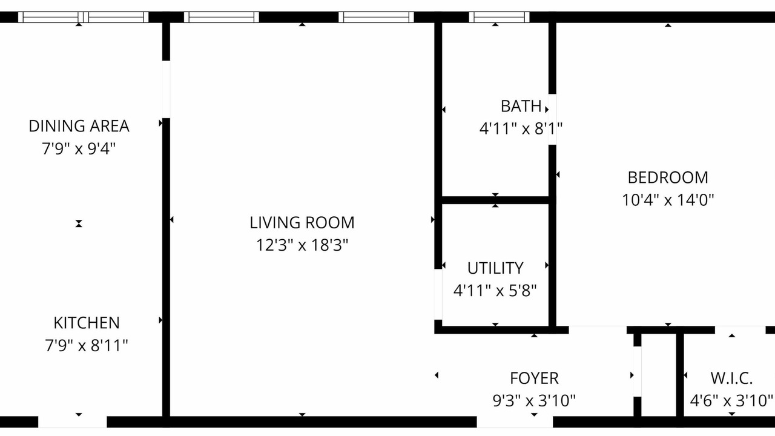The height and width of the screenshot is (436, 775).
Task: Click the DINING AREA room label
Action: [x=79, y=126]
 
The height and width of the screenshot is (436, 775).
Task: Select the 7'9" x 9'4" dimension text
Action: [x=79, y=149]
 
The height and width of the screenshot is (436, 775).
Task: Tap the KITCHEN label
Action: [x=87, y=323]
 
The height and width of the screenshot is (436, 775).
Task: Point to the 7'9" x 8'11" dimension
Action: [x=87, y=345]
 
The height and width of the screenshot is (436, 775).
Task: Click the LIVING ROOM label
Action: [x=302, y=222]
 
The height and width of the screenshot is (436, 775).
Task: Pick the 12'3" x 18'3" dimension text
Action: [x=302, y=245]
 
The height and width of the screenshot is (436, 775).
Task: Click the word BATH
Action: [x=521, y=106]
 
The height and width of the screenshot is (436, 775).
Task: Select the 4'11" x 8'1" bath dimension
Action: [x=521, y=129]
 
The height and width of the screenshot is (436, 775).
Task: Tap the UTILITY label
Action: [x=495, y=268]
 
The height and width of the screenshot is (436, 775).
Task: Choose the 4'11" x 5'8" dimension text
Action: [x=495, y=291]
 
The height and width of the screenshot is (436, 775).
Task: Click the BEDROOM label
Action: [x=668, y=177]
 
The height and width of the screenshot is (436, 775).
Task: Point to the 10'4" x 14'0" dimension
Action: [x=668, y=200]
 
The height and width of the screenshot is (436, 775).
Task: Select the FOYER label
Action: [x=534, y=378]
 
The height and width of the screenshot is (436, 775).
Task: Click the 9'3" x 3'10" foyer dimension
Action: [x=534, y=401]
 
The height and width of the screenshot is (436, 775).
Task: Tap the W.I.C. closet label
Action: [x=731, y=378]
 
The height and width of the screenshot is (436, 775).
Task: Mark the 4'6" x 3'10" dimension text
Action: [x=731, y=401]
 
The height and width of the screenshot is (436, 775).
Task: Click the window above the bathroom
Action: [x=500, y=17]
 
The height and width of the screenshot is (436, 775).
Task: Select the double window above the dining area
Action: [x=84, y=17]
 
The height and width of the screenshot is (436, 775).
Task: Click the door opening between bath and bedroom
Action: [x=553, y=119]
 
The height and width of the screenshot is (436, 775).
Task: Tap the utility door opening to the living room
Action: [x=438, y=294]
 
